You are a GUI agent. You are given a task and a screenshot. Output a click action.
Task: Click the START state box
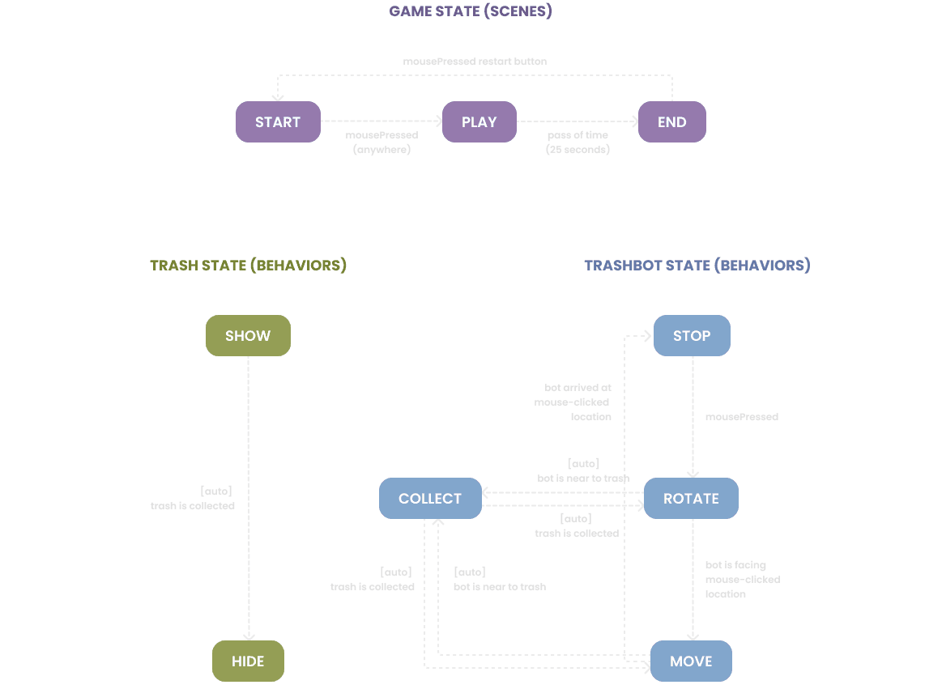point(278,122)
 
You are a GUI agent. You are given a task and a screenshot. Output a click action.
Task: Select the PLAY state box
point(479,122)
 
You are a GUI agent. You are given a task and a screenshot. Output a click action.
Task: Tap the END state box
point(671,122)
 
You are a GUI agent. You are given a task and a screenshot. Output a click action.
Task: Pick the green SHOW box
point(248,336)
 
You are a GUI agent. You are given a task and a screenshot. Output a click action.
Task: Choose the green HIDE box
point(248,661)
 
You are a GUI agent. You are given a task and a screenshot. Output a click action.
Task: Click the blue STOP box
point(692,336)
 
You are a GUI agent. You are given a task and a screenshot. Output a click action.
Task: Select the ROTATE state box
point(691,499)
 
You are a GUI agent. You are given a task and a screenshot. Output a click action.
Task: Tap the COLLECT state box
point(430,499)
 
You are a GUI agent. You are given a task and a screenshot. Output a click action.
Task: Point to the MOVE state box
point(691,661)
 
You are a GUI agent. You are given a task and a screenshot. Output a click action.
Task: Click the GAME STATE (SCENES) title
point(471,12)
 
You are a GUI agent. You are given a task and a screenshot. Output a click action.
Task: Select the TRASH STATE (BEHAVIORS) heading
point(248,266)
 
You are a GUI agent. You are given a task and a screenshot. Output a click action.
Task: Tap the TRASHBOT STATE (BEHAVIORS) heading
point(697,266)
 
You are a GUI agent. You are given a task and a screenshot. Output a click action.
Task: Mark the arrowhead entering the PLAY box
point(439,121)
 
